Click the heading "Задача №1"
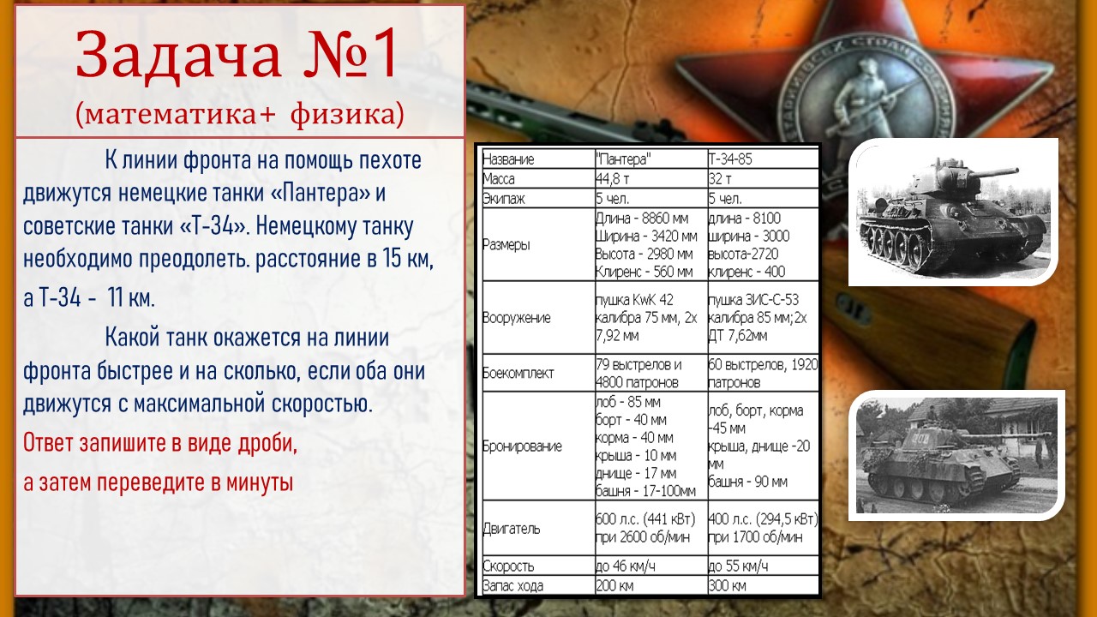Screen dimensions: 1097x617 tap(236, 55)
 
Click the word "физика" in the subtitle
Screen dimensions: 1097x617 tap(347, 114)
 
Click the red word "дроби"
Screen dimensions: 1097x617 tap(267, 444)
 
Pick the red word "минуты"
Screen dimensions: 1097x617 tap(260, 482)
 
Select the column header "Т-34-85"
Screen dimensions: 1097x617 tap(730, 159)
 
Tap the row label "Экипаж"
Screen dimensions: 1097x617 tap(504, 199)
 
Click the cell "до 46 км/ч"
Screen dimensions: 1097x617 tap(626, 566)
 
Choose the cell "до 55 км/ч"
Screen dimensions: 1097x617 tap(738, 566)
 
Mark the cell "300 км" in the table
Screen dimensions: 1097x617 tap(728, 585)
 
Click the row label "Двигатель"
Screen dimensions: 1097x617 tap(512, 529)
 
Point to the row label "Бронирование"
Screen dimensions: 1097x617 tap(522, 446)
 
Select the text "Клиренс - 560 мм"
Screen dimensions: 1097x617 tap(644, 272)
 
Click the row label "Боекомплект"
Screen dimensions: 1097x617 tap(519, 373)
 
